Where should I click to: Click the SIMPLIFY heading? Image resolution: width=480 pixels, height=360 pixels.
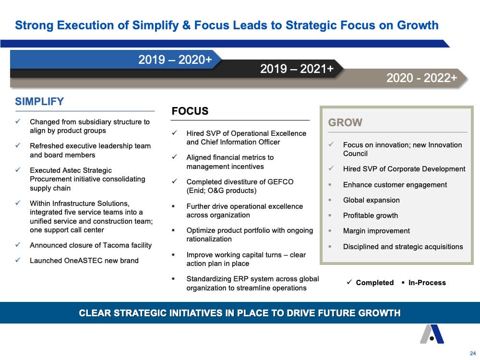39,101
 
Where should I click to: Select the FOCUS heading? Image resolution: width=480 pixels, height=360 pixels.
190,111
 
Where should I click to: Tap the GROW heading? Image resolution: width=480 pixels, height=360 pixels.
345,122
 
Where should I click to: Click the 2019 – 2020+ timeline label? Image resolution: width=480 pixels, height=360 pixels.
175,60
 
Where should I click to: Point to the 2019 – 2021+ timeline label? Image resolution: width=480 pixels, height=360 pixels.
297,69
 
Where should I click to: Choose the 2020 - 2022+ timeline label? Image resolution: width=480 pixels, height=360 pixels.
421,78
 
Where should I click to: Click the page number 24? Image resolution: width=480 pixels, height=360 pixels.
473,353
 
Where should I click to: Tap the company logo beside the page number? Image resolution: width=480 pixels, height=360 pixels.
432,334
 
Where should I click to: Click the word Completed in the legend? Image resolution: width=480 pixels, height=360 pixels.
375,283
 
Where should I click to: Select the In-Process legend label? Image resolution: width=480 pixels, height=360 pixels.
427,283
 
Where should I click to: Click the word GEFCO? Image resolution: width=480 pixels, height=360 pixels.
280,182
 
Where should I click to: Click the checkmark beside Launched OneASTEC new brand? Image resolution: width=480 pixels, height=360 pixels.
18,260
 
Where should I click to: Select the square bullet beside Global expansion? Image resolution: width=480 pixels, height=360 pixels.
330,200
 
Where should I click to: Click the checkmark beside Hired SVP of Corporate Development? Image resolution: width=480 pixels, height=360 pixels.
331,168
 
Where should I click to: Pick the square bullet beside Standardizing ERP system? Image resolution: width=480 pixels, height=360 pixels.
173,279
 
